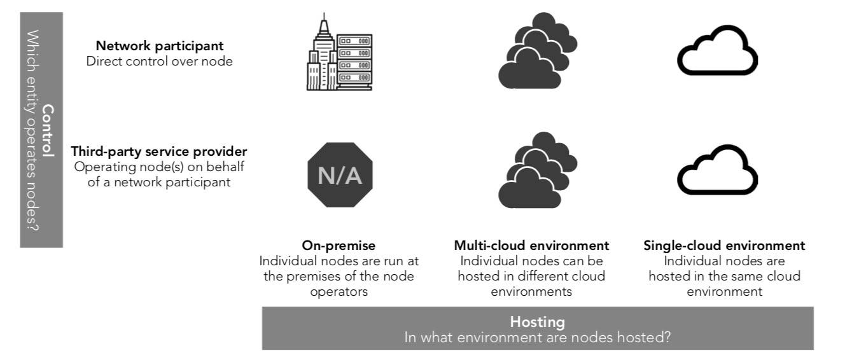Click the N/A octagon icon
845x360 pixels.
(339, 176)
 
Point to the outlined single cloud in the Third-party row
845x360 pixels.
(717, 170)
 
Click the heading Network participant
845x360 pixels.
(159, 46)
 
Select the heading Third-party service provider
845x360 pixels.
(159, 152)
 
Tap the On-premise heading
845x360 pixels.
(339, 246)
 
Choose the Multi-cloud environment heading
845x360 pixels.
(532, 246)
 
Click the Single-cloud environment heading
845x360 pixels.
(724, 246)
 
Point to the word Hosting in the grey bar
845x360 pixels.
(538, 322)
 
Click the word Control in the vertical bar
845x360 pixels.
(48, 130)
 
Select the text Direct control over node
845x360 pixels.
(159, 62)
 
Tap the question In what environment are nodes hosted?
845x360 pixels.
(538, 337)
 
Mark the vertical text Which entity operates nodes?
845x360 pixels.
(32, 130)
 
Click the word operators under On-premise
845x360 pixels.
(339, 292)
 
